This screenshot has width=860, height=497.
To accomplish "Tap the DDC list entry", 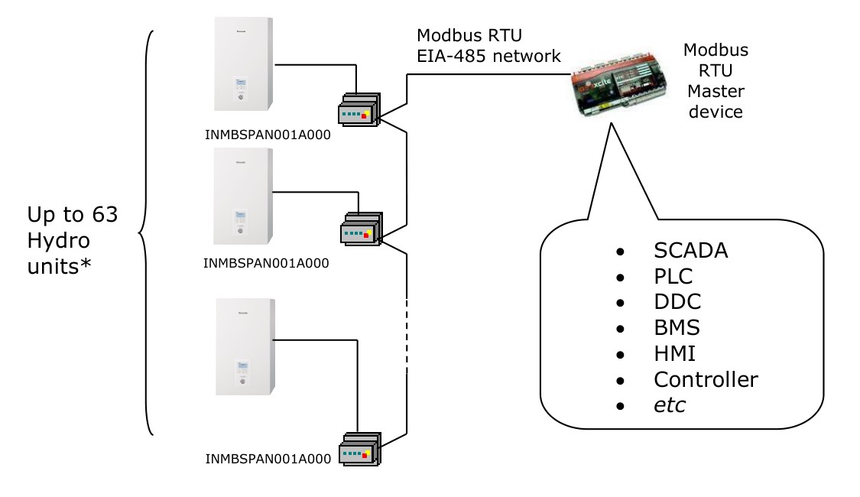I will tap(676, 301).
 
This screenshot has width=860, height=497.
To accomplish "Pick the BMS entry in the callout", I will tap(677, 327).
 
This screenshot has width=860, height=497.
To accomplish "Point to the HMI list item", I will tap(674, 352).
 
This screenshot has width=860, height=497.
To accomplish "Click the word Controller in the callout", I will tap(706, 378).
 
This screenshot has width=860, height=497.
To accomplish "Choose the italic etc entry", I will tap(670, 404).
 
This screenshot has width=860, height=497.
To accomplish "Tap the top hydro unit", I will tap(241, 65).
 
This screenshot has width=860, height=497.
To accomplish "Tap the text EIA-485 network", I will tap(489, 55).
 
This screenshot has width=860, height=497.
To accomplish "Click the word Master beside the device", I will tap(716, 91).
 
